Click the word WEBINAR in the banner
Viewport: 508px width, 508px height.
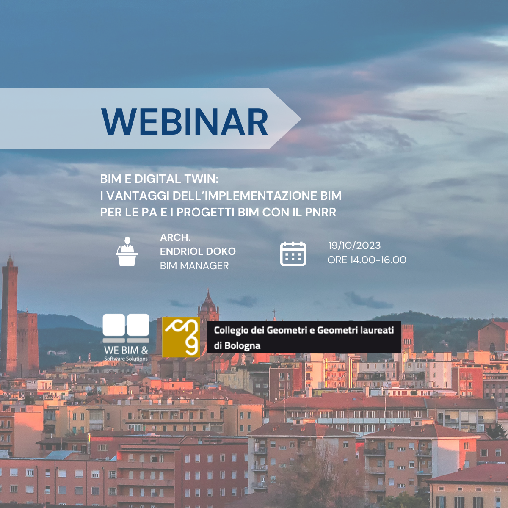click(185, 122)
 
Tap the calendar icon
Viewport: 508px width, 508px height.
click(293, 254)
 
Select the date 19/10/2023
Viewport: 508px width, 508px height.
click(354, 246)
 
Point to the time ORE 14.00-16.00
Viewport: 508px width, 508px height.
click(367, 260)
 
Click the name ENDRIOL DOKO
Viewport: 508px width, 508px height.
click(198, 251)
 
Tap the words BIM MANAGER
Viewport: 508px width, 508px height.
click(194, 266)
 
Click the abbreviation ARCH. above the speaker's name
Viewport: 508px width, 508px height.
click(175, 237)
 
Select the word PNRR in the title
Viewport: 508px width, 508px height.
click(320, 212)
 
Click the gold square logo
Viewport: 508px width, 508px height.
click(181, 337)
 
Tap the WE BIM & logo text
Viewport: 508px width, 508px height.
click(126, 350)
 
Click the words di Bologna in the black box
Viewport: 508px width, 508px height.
click(237, 345)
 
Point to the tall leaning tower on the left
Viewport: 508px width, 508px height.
click(9, 313)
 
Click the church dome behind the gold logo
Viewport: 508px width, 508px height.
click(208, 304)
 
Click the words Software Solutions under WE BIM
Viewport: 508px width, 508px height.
click(126, 359)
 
